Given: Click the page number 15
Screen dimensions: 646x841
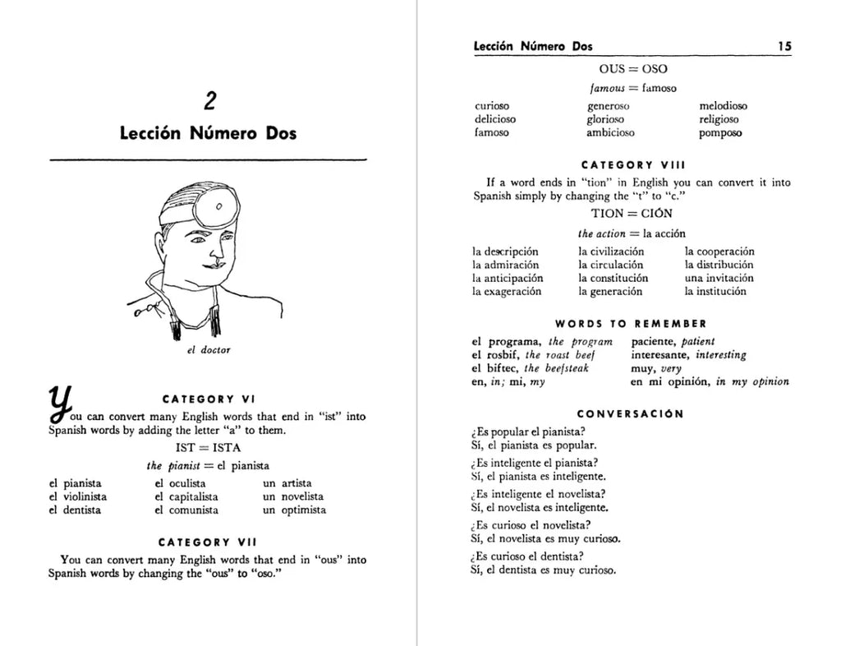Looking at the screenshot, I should click(x=784, y=47).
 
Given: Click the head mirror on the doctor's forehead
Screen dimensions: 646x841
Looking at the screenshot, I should click(x=219, y=205).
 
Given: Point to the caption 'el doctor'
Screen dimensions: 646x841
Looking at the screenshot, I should click(x=209, y=350).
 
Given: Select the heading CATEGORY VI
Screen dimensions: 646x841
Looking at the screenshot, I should click(x=210, y=399).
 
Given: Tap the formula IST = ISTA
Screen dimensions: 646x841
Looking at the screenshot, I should click(x=206, y=448).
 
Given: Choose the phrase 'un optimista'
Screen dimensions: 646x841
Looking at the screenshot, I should click(x=294, y=510).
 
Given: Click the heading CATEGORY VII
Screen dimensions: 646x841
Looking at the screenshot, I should click(x=207, y=542).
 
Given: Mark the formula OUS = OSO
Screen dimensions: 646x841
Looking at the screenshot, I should click(x=632, y=69).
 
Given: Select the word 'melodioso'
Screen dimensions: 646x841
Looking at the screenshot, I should click(x=723, y=106).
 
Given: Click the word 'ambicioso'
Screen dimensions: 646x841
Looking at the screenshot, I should click(x=610, y=132).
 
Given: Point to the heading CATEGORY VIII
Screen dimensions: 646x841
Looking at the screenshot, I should click(x=632, y=164).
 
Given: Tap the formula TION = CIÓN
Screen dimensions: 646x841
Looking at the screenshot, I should click(x=632, y=214).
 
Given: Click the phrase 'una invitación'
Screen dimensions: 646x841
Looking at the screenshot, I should click(x=719, y=278).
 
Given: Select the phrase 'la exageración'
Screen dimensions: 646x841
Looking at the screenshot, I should click(x=507, y=291).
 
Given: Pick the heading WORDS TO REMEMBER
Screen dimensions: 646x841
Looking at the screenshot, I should click(x=631, y=324).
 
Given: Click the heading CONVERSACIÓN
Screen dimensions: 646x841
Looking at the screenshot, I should click(x=630, y=414).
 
